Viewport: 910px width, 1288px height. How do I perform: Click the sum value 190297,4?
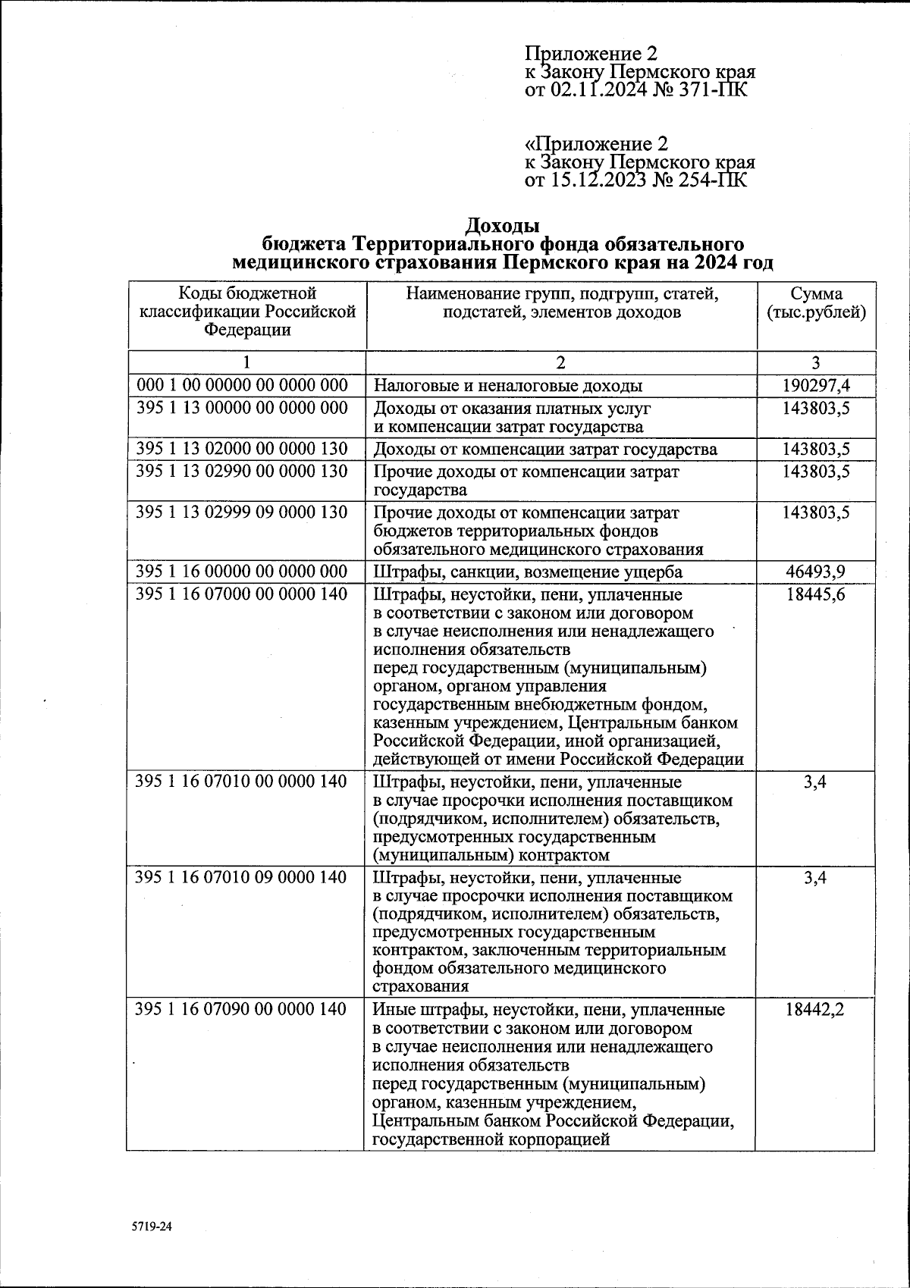pos(816,386)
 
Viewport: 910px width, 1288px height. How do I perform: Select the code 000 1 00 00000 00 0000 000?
pos(242,386)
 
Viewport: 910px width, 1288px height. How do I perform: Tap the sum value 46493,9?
pos(816,572)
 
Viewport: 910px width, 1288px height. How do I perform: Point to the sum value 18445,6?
pos(816,594)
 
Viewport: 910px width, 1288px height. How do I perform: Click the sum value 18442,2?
pos(816,1010)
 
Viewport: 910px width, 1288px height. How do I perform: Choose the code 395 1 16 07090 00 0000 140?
pos(241,1010)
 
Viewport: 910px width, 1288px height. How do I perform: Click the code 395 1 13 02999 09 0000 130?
pos(242,512)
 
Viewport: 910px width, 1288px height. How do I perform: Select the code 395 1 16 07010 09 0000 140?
pos(241,878)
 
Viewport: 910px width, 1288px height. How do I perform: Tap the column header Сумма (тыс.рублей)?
pos(816,303)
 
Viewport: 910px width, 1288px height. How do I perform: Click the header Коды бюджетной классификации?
pos(246,311)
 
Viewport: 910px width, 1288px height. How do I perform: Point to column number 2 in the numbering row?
pos(560,362)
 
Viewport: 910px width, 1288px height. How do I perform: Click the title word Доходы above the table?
pos(501,226)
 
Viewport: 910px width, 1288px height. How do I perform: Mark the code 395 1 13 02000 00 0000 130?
pos(242,450)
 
